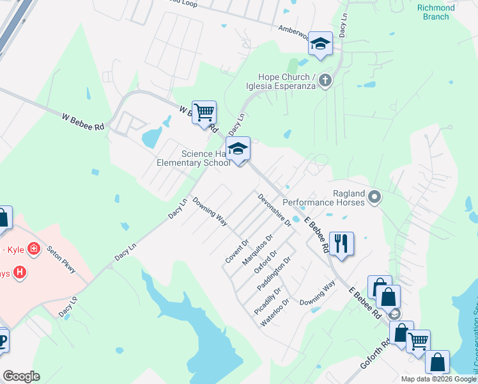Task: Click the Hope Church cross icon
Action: pos(325,80)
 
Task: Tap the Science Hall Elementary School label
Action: pos(194,158)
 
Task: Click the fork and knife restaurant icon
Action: pos(341,243)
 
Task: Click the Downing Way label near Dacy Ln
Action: pos(211,211)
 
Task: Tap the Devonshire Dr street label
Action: pos(275,211)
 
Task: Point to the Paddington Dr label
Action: pos(274,274)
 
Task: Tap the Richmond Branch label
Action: pos(436,12)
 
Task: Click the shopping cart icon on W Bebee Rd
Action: pos(204,113)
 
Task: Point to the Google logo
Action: pos(21,376)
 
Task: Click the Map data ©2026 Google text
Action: pos(438,379)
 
